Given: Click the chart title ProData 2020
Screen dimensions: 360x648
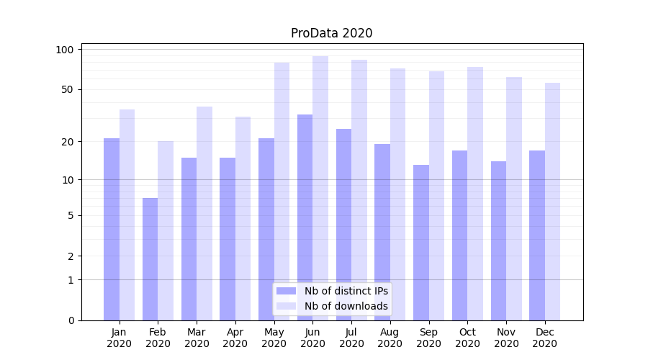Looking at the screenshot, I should click(x=331, y=33).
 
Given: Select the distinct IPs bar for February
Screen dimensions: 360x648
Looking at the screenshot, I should click(x=150, y=259).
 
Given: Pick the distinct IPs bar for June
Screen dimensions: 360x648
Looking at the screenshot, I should click(x=305, y=216).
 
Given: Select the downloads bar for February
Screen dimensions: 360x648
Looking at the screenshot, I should click(x=166, y=230).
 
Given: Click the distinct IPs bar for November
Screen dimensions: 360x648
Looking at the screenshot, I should click(x=498, y=240).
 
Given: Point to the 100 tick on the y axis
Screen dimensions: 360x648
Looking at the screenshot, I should click(x=66, y=50).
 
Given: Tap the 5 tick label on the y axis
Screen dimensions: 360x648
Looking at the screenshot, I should click(x=71, y=215).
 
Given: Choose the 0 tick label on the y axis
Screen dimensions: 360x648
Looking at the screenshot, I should click(x=71, y=320).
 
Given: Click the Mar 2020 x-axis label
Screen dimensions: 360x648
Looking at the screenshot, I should click(x=197, y=338).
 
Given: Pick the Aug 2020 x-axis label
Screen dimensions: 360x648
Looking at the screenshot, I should click(x=390, y=338).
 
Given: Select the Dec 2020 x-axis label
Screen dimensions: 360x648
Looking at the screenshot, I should click(x=545, y=338).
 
